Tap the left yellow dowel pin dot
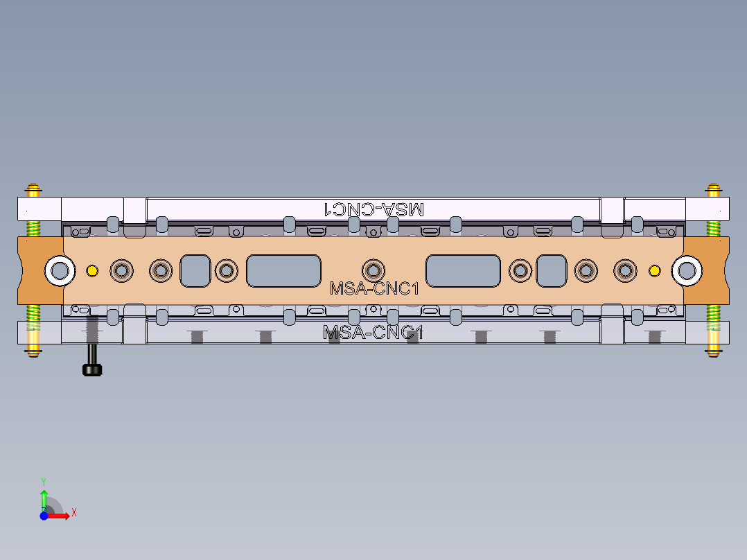click(x=91, y=270)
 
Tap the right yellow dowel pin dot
click(x=654, y=270)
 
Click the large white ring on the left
click(x=60, y=270)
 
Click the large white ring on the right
click(x=687, y=270)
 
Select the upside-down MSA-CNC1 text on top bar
click(x=374, y=209)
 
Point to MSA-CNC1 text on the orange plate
click(x=374, y=288)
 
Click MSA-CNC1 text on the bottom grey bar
click(x=373, y=333)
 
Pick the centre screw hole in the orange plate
click(x=373, y=270)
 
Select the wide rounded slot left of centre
click(x=284, y=270)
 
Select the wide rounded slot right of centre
click(x=463, y=270)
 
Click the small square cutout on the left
click(x=195, y=270)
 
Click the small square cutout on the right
click(x=552, y=270)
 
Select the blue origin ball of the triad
click(x=44, y=516)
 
